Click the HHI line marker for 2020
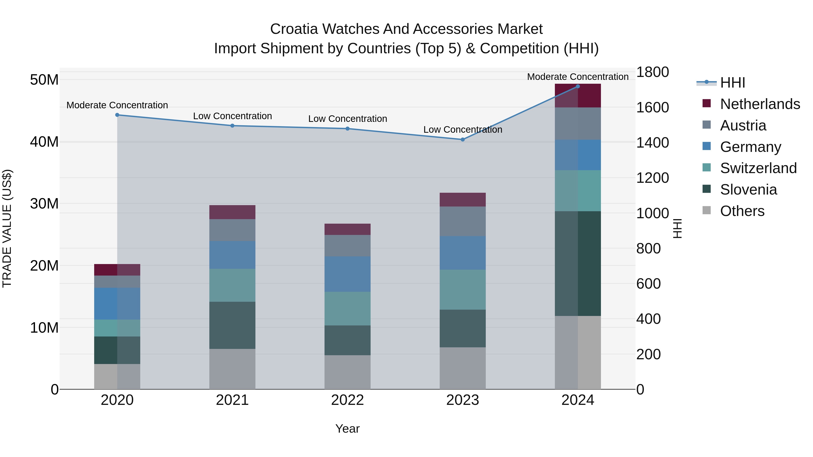click(117, 115)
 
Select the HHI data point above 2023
click(463, 139)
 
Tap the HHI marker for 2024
click(578, 86)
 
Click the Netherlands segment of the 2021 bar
click(232, 212)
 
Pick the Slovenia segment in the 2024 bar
click(578, 263)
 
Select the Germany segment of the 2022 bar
click(348, 274)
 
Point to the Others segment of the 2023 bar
click(463, 368)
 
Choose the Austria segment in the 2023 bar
click(463, 221)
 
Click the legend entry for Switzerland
click(758, 168)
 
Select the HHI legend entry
click(732, 83)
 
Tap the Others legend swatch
click(707, 210)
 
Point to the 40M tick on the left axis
click(44, 142)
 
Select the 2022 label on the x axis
click(348, 400)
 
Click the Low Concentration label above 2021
click(232, 116)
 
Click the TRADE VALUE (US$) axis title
click(7, 228)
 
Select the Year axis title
click(348, 429)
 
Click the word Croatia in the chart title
click(294, 29)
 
